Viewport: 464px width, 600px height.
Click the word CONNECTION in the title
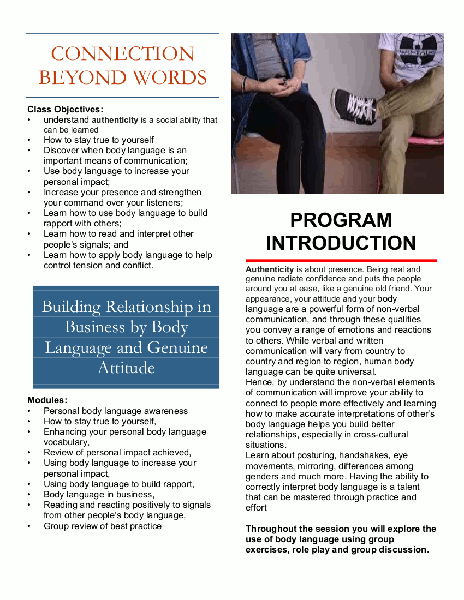(122, 54)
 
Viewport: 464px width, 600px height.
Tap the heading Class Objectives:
(65, 109)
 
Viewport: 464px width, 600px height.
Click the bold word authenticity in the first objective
(115, 119)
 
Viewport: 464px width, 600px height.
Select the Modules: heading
(47, 400)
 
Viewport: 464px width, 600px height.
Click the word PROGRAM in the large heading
(341, 220)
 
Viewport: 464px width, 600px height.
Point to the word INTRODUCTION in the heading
(341, 243)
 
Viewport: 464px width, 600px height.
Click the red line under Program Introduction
(341, 261)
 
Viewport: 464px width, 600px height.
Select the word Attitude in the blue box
(126, 368)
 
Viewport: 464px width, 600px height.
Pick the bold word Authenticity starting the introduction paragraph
(270, 269)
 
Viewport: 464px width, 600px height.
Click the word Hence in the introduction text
(258, 382)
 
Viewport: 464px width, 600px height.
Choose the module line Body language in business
(98, 495)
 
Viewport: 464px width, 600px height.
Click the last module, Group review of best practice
(103, 526)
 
